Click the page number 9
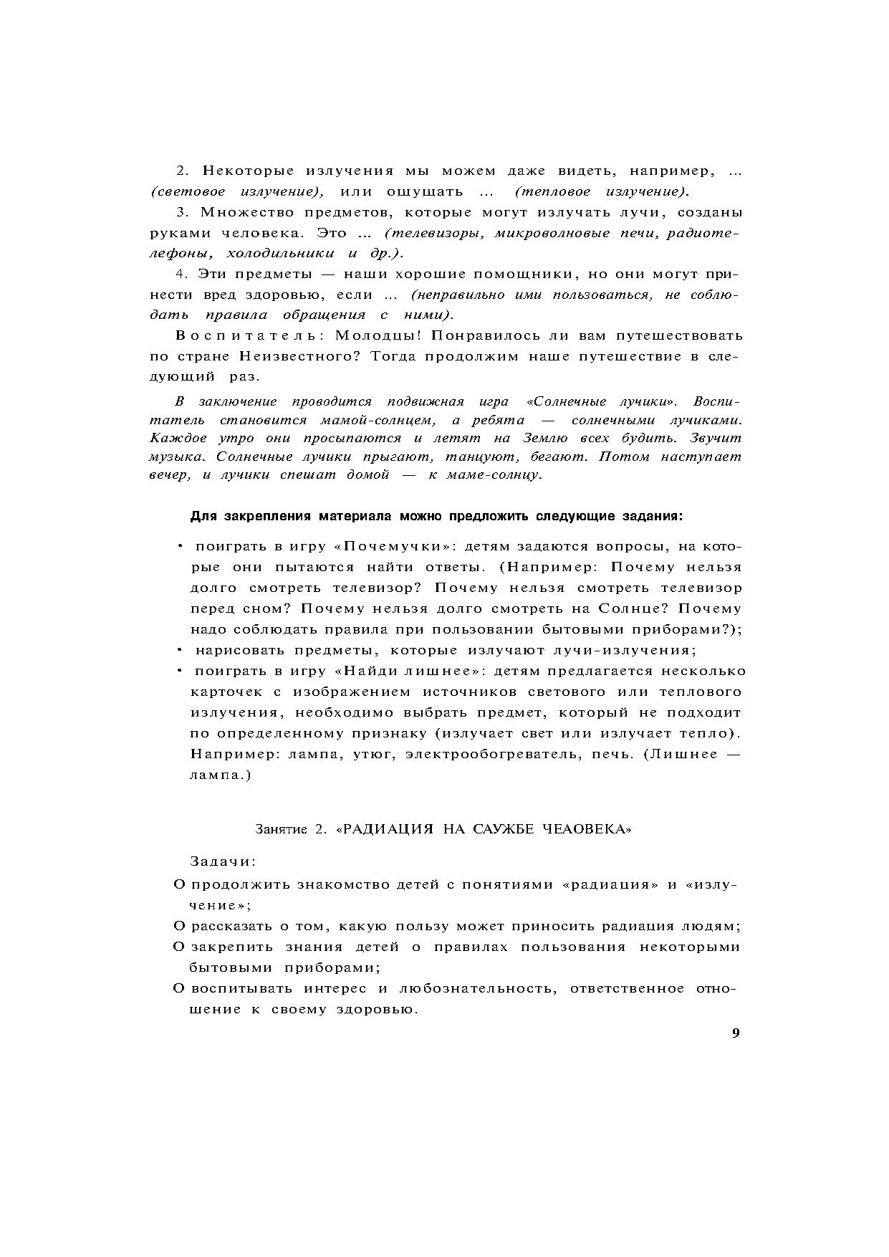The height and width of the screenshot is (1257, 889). pyautogui.click(x=736, y=1033)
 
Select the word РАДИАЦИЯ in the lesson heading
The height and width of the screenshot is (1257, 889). pyautogui.click(x=385, y=829)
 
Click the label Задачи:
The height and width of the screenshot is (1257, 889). pyautogui.click(x=224, y=860)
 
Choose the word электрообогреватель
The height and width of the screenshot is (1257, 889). pyautogui.click(x=494, y=755)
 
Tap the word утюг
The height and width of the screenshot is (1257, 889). pyautogui.click(x=372, y=755)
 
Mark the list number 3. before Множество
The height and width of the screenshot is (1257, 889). pyautogui.click(x=182, y=212)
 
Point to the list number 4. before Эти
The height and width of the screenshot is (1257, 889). pyautogui.click(x=182, y=274)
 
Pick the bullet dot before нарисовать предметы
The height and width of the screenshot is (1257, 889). pyautogui.click(x=180, y=651)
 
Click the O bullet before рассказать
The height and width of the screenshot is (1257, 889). pyautogui.click(x=180, y=926)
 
